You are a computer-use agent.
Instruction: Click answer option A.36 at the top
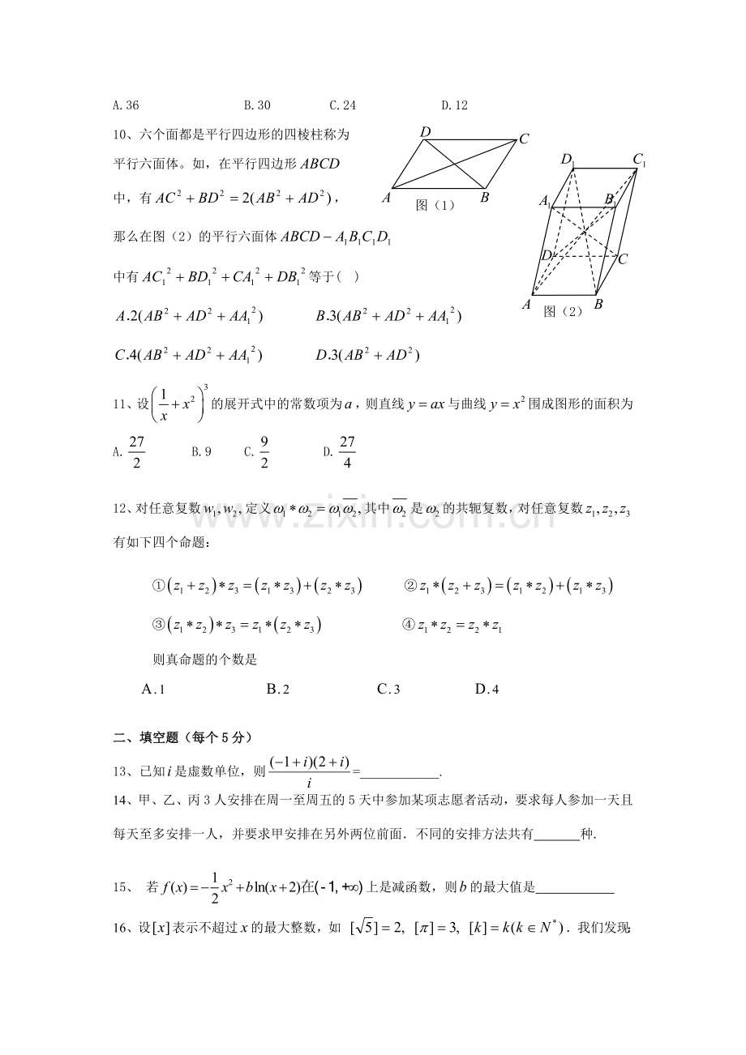click(126, 105)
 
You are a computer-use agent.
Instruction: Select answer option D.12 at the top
click(454, 105)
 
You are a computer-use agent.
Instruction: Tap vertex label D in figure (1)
click(425, 132)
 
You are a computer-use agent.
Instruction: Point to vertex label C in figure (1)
click(524, 139)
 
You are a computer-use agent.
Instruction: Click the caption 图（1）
click(435, 205)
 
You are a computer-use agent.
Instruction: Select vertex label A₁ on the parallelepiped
click(546, 201)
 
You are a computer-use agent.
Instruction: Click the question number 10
click(121, 133)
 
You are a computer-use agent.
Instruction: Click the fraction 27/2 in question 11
click(136, 452)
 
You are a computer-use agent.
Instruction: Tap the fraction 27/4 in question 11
click(347, 452)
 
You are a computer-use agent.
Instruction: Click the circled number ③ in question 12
click(158, 625)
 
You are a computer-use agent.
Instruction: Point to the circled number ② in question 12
click(409, 586)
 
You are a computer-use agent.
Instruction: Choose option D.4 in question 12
click(487, 690)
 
